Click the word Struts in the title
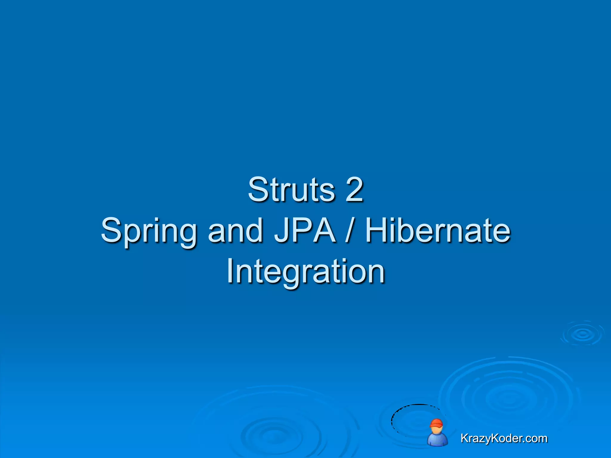[291, 190]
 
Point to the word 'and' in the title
[235, 230]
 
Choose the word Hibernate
[438, 230]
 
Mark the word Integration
[305, 271]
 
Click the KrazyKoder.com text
[504, 438]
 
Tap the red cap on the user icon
[436, 423]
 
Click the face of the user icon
[437, 430]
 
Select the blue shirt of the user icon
[437, 440]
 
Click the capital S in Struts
[258, 190]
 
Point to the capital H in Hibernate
[377, 230]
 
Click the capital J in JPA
[280, 230]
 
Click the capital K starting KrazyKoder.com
[464, 438]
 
